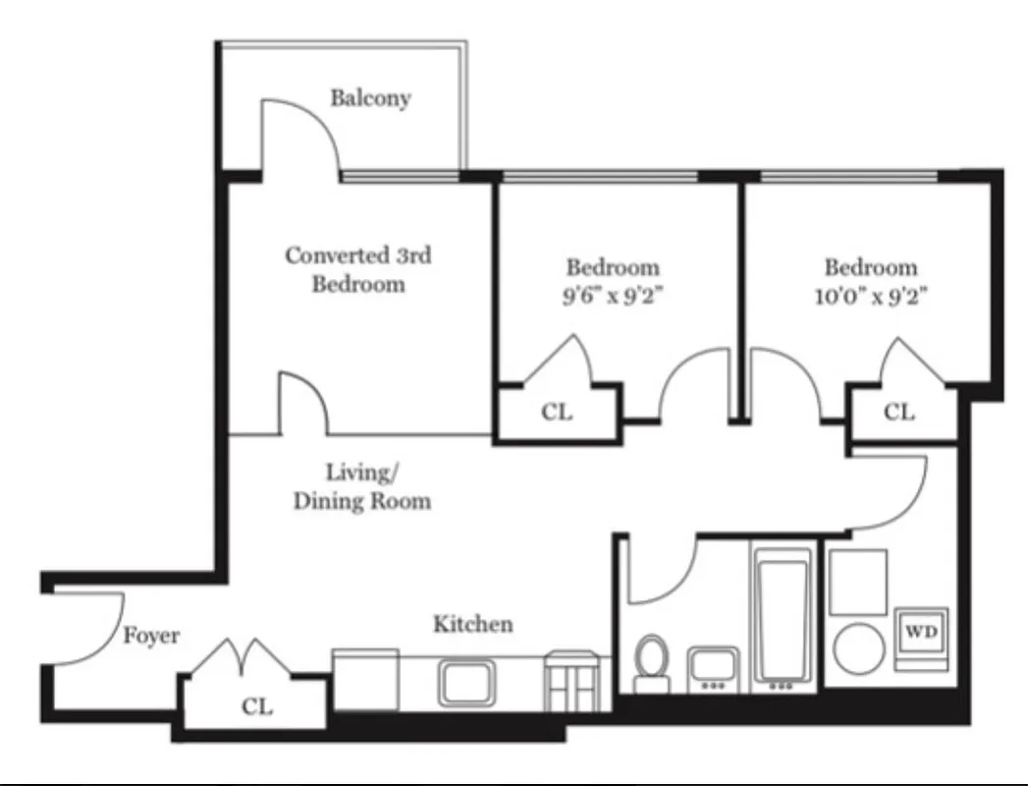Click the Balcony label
coord(370,98)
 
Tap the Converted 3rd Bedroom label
coord(358,269)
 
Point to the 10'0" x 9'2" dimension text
coord(871,295)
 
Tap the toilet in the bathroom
coord(651,659)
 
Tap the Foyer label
coord(151,636)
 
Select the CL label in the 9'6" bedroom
coord(557,412)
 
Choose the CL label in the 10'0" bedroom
coord(898,412)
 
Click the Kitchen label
coord(473,624)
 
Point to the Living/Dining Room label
coord(362,486)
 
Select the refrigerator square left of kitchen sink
coord(365,679)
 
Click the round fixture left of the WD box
coord(858,648)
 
